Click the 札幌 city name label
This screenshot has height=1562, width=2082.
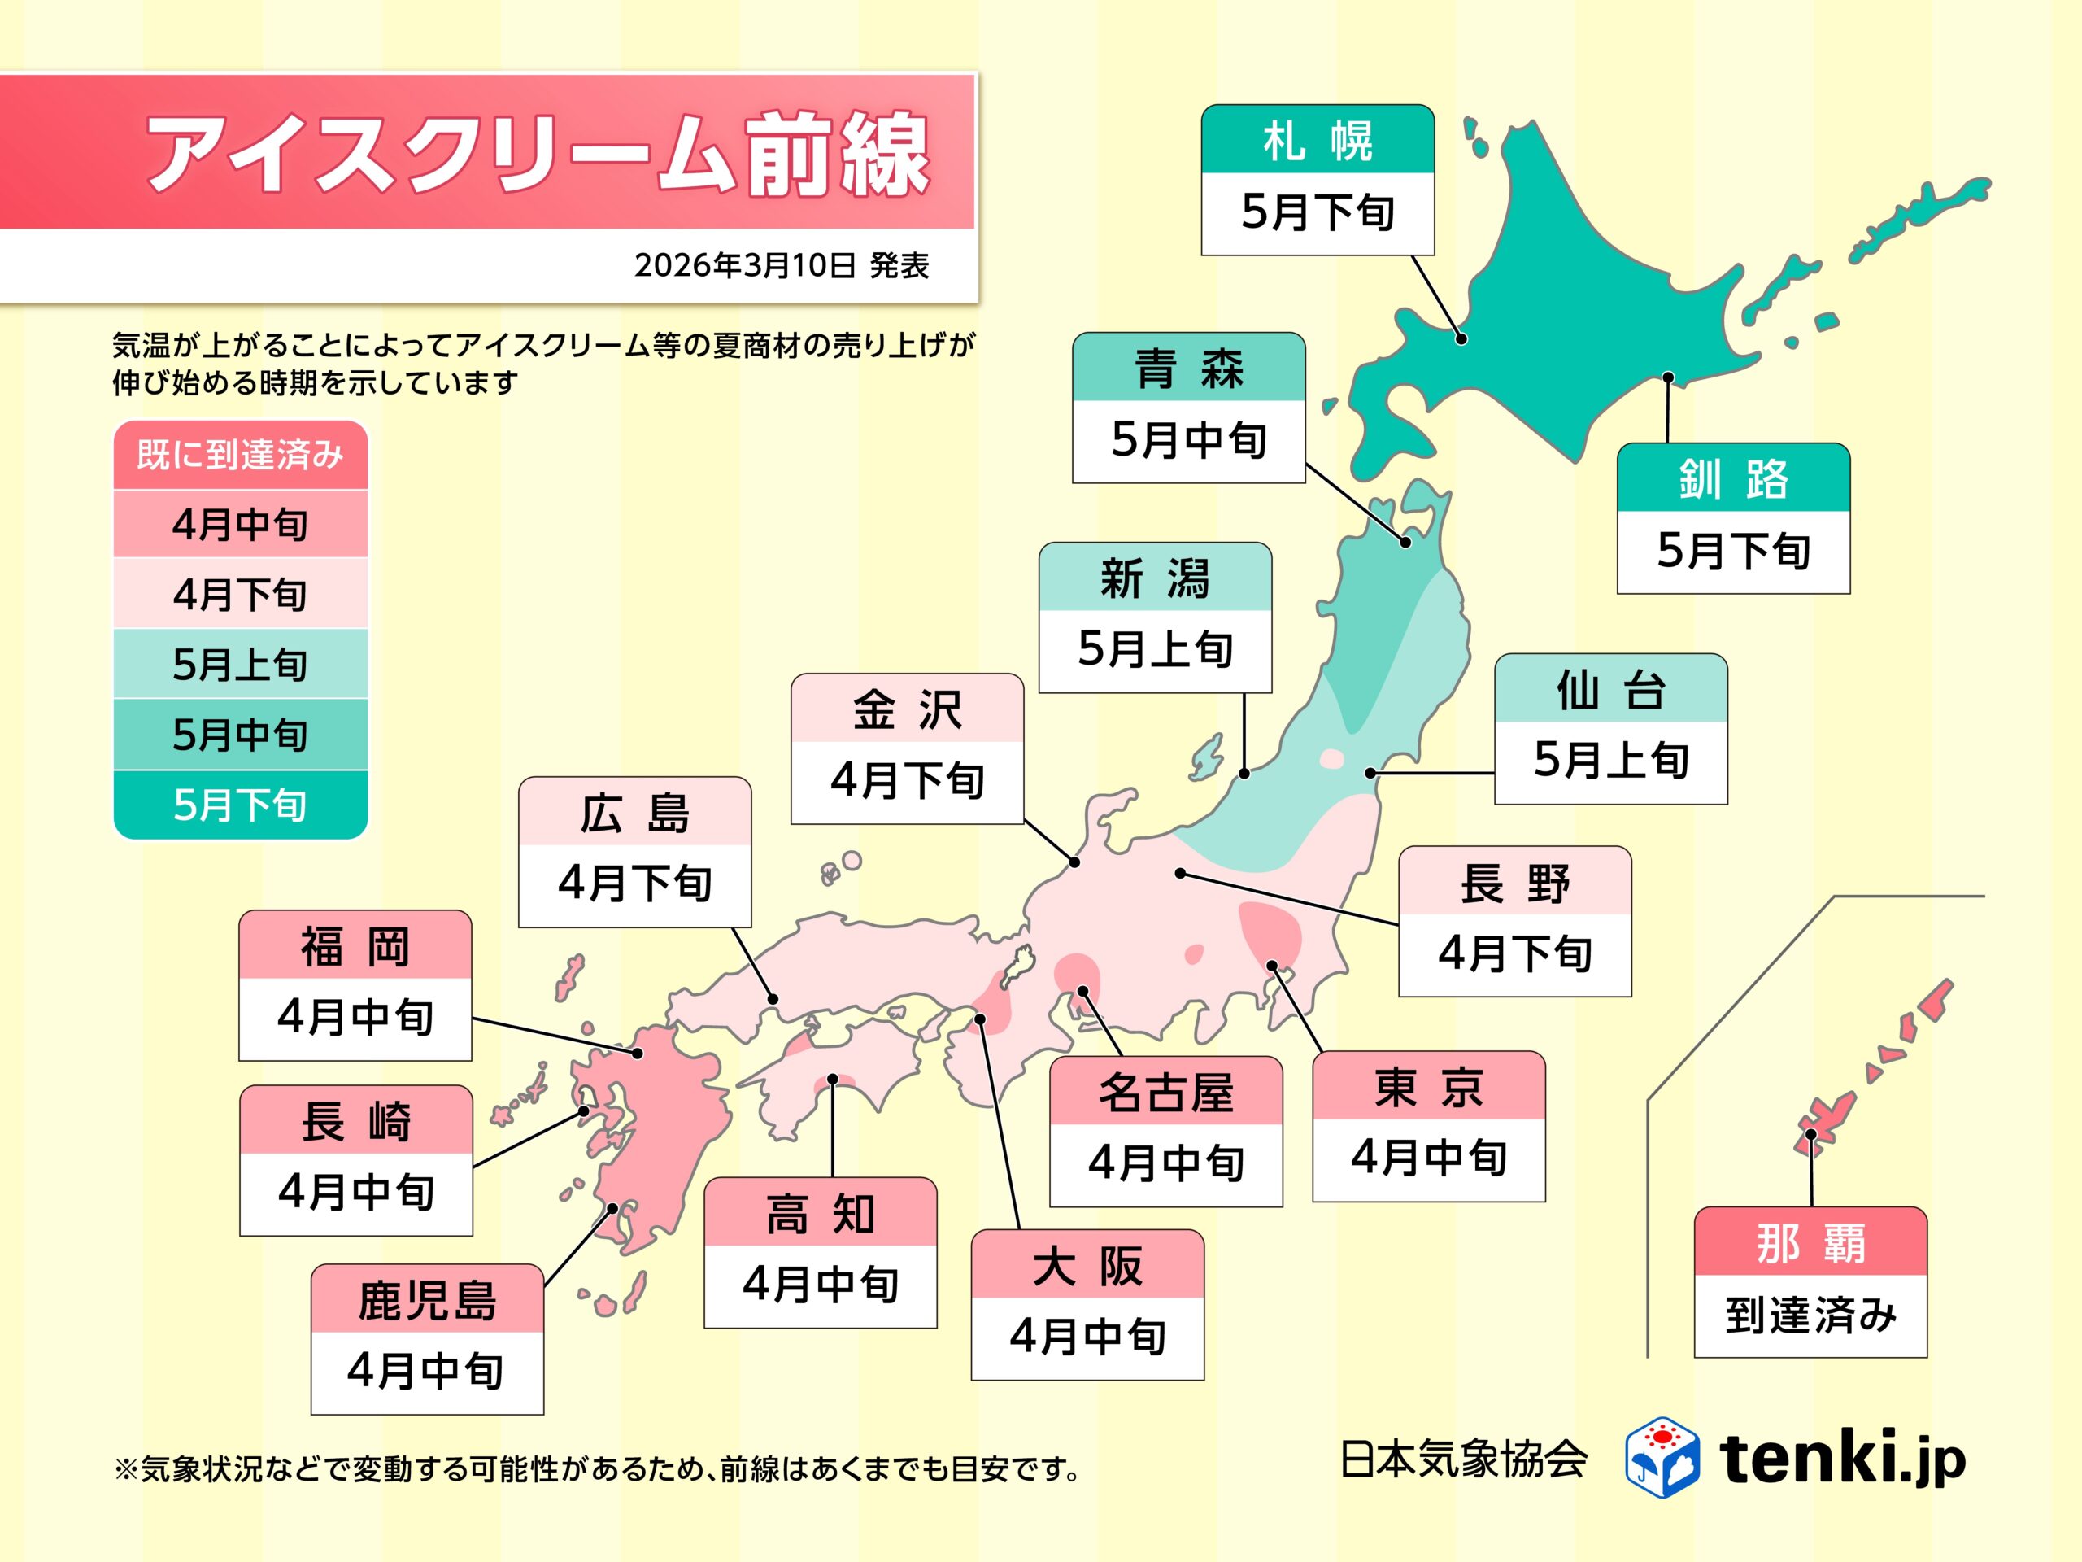click(1317, 139)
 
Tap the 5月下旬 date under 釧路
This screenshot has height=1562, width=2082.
click(1733, 551)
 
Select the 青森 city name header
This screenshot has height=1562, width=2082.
click(1188, 367)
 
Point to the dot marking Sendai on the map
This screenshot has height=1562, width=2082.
click(1370, 773)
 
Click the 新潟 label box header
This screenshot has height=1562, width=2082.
click(1154, 577)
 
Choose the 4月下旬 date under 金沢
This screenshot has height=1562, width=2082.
click(907, 780)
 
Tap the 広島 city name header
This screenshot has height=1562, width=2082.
click(634, 812)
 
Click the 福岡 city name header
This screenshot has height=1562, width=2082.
click(355, 945)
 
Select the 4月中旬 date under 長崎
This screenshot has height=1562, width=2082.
click(355, 1192)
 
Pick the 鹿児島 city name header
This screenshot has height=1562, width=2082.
click(426, 1299)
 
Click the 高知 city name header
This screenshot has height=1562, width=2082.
click(820, 1213)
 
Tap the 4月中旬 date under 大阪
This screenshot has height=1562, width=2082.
click(1087, 1337)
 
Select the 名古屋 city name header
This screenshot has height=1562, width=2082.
click(1165, 1092)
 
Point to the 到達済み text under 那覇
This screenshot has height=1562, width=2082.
click(1810, 1315)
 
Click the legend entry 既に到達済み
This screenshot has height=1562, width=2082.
click(240, 456)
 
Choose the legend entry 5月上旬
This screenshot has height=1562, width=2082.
click(240, 665)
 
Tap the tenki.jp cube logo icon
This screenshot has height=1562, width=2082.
click(1662, 1456)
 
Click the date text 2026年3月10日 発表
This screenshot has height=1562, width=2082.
click(782, 265)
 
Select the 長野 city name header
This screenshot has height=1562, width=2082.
click(1514, 881)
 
